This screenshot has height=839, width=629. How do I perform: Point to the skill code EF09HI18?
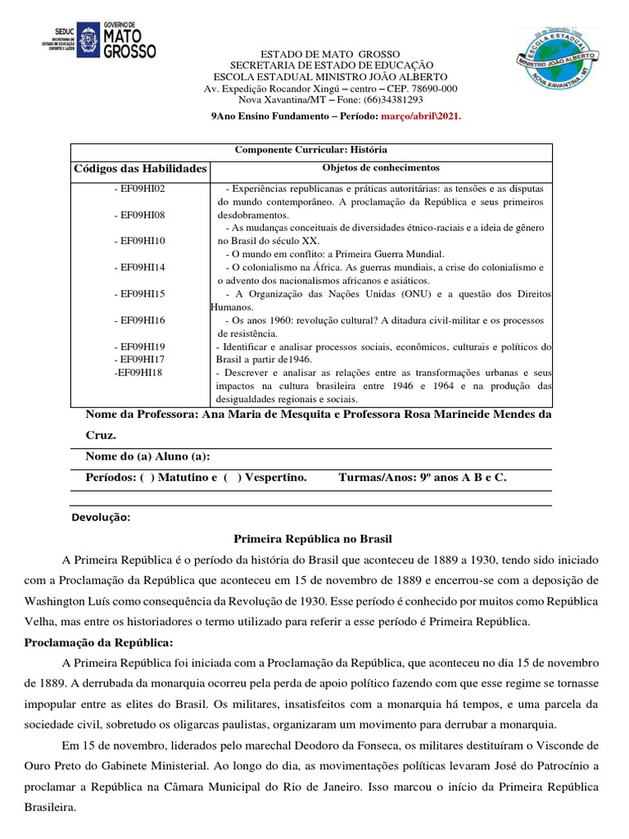pyautogui.click(x=139, y=372)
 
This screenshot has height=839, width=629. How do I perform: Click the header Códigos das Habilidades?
pyautogui.click(x=140, y=168)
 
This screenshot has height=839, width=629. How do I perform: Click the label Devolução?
pyautogui.click(x=102, y=517)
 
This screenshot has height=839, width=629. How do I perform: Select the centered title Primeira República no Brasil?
pyautogui.click(x=314, y=538)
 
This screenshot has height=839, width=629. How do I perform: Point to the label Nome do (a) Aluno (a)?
pyautogui.click(x=153, y=456)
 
